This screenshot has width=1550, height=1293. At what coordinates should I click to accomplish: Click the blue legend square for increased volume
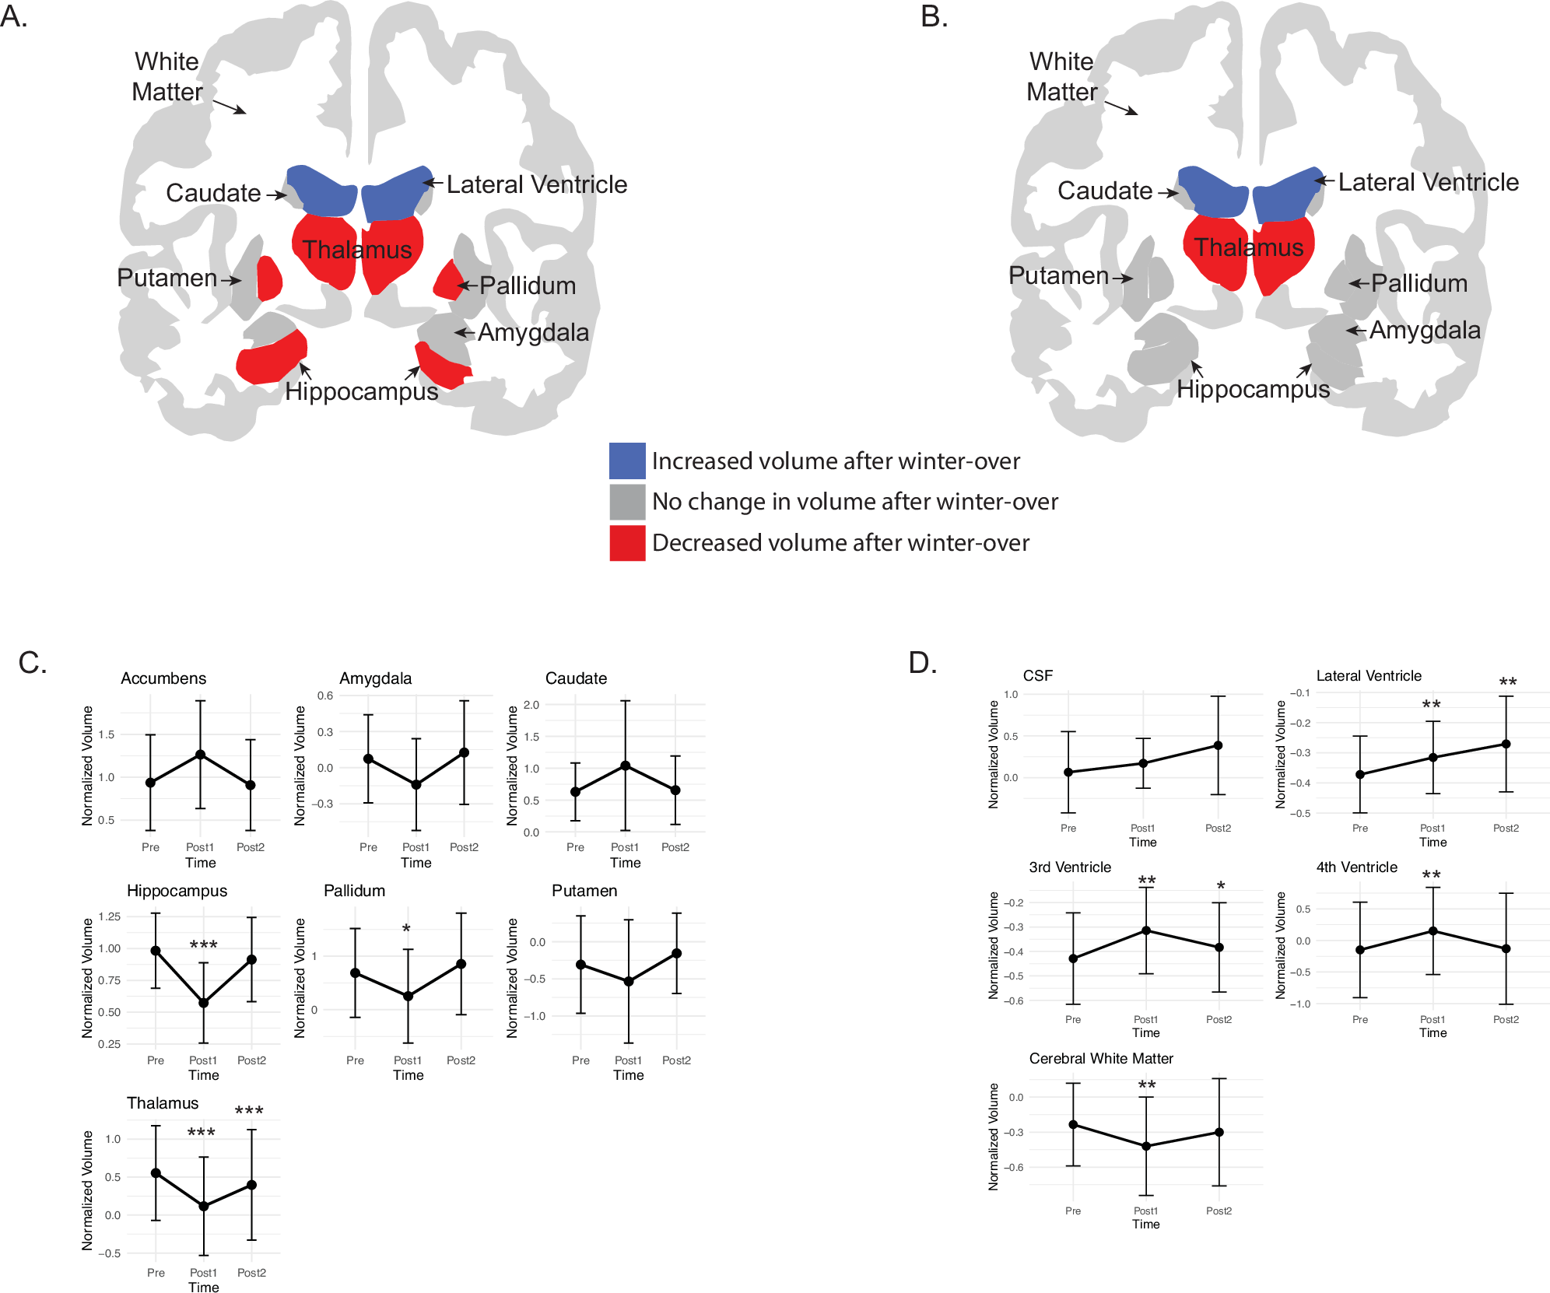(x=627, y=461)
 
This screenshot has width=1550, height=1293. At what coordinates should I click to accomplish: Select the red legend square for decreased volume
(x=627, y=543)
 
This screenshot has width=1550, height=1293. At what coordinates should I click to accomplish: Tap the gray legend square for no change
(x=627, y=502)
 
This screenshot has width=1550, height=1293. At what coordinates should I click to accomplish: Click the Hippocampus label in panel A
(x=361, y=391)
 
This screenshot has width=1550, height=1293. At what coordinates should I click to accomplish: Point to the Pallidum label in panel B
(x=1418, y=283)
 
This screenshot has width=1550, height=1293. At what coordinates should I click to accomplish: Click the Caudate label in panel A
(x=213, y=193)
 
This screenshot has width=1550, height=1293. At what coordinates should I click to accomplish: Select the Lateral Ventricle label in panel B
(x=1428, y=182)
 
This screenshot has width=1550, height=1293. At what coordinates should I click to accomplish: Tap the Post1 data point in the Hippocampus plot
(x=203, y=1003)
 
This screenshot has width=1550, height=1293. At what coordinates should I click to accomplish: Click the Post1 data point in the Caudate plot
(x=625, y=766)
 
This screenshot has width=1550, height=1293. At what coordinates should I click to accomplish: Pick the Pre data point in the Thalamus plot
(x=156, y=1173)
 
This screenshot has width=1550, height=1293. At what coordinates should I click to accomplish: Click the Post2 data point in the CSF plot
(x=1218, y=745)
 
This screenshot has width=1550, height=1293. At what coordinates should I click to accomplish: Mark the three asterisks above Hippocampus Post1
(x=203, y=945)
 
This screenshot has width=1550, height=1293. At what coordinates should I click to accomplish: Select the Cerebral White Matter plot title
(x=1100, y=1058)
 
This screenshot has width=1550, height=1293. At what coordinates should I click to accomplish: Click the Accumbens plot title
(x=163, y=678)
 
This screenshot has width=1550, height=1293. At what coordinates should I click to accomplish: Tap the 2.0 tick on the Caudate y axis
(x=531, y=705)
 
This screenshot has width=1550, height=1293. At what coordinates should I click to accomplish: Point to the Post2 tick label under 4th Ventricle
(x=1506, y=1019)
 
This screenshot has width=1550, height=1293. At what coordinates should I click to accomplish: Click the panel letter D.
(x=922, y=663)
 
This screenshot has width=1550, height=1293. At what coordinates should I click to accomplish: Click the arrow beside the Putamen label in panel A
(x=230, y=280)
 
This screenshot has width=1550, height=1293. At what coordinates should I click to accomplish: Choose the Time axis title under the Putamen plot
(x=628, y=1075)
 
